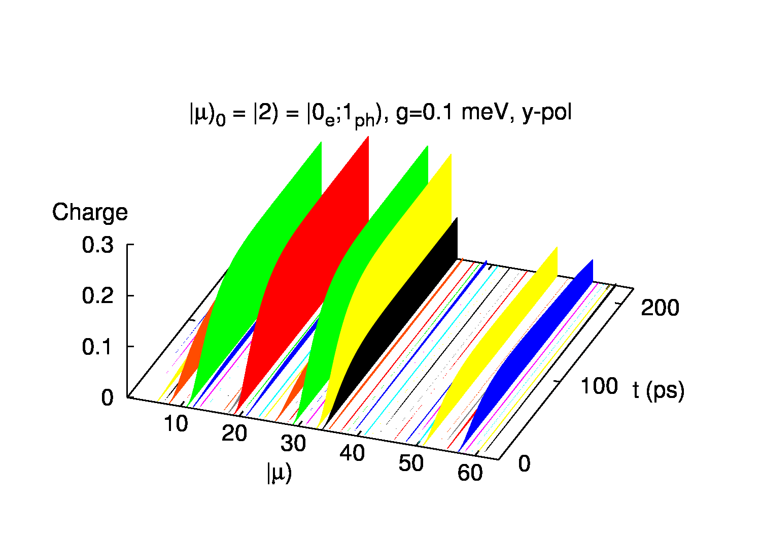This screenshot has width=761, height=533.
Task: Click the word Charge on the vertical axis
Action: coord(90,212)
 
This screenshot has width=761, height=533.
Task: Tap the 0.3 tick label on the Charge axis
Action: coord(97,245)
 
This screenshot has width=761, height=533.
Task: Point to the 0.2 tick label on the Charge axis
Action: coord(97,296)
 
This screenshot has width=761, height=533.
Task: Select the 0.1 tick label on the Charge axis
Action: coord(97,347)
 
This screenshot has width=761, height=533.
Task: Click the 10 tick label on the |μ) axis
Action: coord(176,423)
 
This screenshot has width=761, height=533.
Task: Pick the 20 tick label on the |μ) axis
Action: coord(234,434)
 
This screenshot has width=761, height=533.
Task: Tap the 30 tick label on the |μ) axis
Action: coord(293,444)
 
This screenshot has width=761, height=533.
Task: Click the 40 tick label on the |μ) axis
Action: coord(352,453)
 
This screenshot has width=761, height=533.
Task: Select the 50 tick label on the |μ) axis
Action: coord(411,463)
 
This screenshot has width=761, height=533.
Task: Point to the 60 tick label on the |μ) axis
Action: coord(470,473)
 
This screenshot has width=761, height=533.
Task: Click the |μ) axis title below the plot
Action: coord(279,473)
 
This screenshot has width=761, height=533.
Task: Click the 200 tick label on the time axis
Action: coord(660,308)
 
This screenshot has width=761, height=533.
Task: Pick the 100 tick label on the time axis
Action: coord(599,386)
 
